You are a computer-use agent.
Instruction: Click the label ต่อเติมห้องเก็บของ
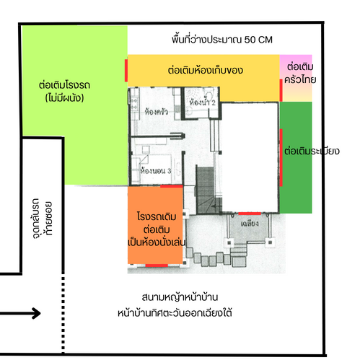[x=206, y=70]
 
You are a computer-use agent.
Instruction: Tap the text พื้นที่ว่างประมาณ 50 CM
[x=222, y=40]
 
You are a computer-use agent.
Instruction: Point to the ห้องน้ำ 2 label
[x=202, y=102]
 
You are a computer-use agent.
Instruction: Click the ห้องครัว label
[x=157, y=111]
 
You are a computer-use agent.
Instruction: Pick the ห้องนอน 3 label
[x=156, y=170]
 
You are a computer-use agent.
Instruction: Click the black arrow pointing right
[x=20, y=313]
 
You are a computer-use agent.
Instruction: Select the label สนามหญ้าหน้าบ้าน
[x=180, y=297]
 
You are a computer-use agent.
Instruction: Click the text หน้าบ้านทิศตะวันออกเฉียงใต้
[x=175, y=313]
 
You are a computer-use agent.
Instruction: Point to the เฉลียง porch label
[x=250, y=224]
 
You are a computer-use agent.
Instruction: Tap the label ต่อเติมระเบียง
[x=312, y=151]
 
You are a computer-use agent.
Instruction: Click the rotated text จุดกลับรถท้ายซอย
[x=42, y=219]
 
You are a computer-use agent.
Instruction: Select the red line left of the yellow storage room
[x=126, y=71]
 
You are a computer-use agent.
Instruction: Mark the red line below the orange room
[x=157, y=265]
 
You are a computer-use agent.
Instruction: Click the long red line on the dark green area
[x=281, y=158]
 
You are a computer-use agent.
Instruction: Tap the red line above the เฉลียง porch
[x=250, y=214]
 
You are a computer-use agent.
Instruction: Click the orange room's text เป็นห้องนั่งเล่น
[x=157, y=242]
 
